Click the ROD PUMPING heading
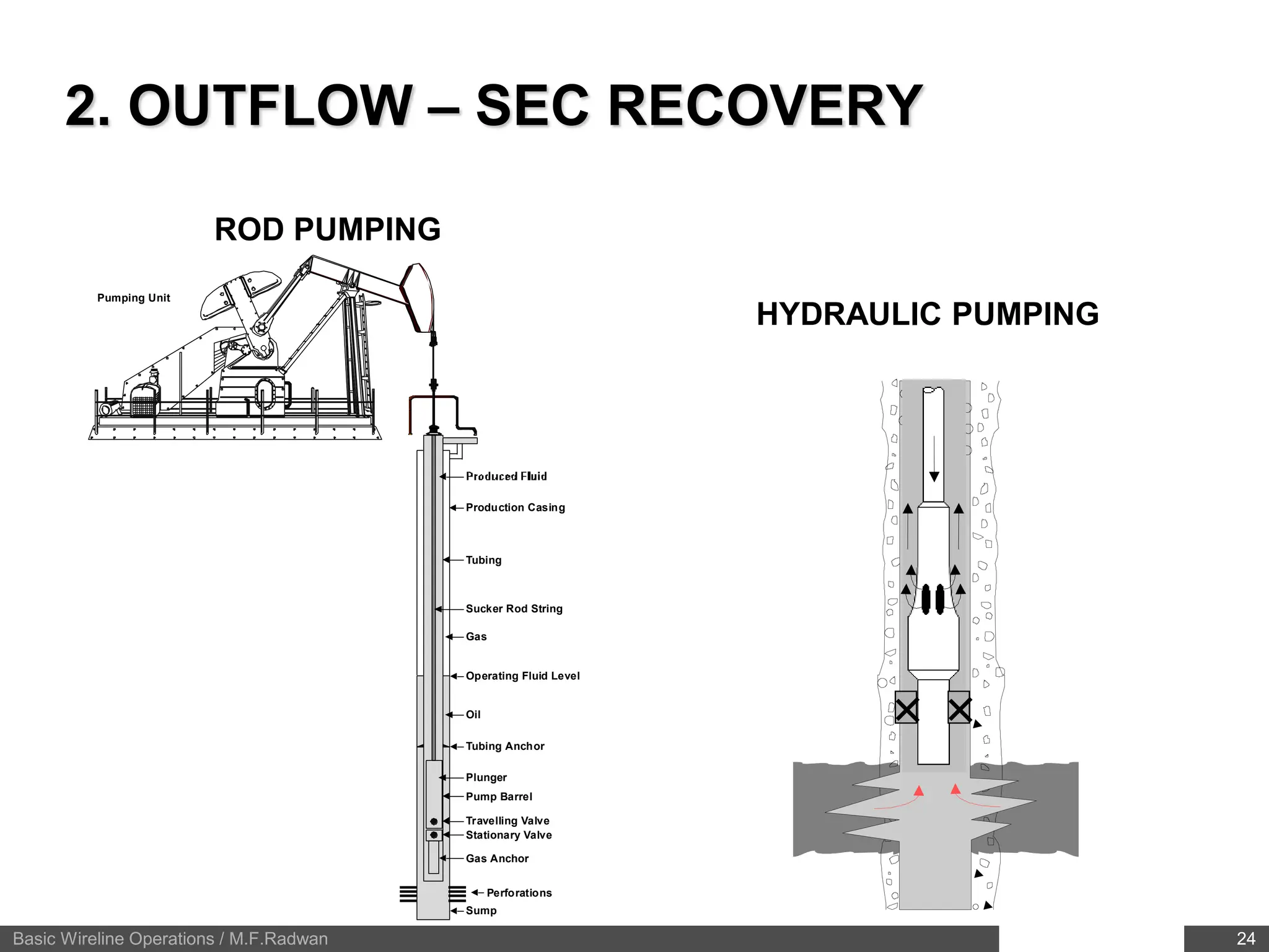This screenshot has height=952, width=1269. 327,229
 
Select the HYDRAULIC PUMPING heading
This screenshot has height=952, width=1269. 927,314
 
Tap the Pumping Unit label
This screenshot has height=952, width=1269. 133,298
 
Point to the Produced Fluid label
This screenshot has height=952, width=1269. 506,477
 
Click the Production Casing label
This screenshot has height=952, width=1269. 515,508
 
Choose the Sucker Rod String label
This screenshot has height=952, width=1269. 514,609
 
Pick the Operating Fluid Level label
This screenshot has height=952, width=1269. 522,676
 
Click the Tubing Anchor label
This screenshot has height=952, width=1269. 505,746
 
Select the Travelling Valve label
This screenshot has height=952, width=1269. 507,821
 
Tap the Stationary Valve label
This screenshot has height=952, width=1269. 509,835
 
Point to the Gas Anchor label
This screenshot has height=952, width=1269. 497,858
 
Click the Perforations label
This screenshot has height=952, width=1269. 519,892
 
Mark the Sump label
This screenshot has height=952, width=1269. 481,910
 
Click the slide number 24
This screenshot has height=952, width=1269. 1245,939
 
